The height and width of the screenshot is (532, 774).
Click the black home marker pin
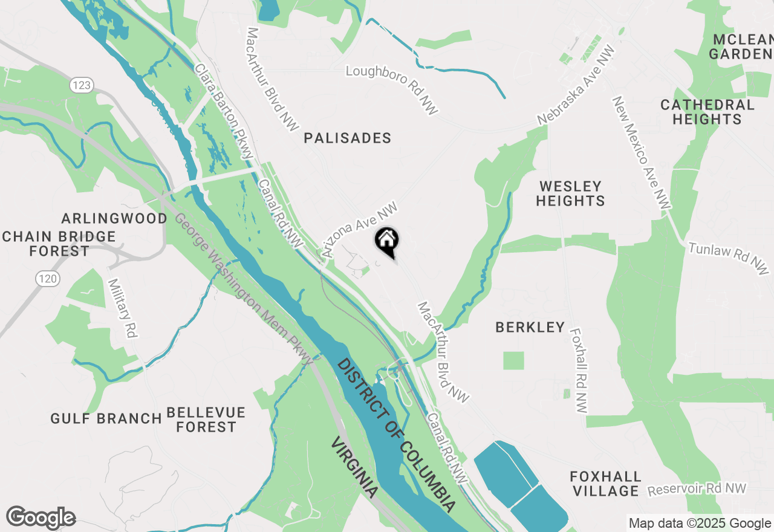tap(387, 241)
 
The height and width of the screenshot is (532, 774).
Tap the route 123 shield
tap(80, 85)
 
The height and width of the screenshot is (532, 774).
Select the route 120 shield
tap(47, 279)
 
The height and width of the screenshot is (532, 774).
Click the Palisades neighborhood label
tap(348, 138)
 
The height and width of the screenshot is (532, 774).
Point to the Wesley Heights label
tap(570, 193)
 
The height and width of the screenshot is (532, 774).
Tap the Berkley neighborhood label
tap(530, 328)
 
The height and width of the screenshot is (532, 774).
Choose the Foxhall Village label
tap(605, 484)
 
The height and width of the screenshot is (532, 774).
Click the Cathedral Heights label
tap(707, 112)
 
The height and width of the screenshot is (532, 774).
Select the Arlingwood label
tap(114, 218)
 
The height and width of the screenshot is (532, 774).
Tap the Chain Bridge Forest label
tap(59, 244)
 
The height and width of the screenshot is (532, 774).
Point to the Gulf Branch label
tap(106, 418)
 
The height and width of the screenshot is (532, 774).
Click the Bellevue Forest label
tap(206, 420)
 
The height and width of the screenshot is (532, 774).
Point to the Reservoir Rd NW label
tap(697, 488)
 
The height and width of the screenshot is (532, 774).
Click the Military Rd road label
tap(122, 308)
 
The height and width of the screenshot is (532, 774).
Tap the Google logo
tap(41, 518)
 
